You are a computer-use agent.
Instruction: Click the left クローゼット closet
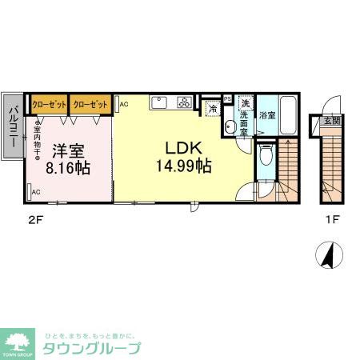click(49, 103)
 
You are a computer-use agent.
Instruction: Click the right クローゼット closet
click(90, 103)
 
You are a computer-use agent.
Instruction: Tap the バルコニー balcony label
click(14, 128)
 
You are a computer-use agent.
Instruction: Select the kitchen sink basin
click(158, 102)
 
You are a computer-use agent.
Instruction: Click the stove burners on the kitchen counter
click(185, 102)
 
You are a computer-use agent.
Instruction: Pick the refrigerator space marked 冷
click(212, 107)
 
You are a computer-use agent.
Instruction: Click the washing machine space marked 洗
click(246, 104)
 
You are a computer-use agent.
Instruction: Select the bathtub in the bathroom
click(290, 115)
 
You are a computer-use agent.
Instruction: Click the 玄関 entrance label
click(331, 121)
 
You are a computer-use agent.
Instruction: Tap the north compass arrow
click(328, 254)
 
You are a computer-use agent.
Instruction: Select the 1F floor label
click(331, 216)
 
